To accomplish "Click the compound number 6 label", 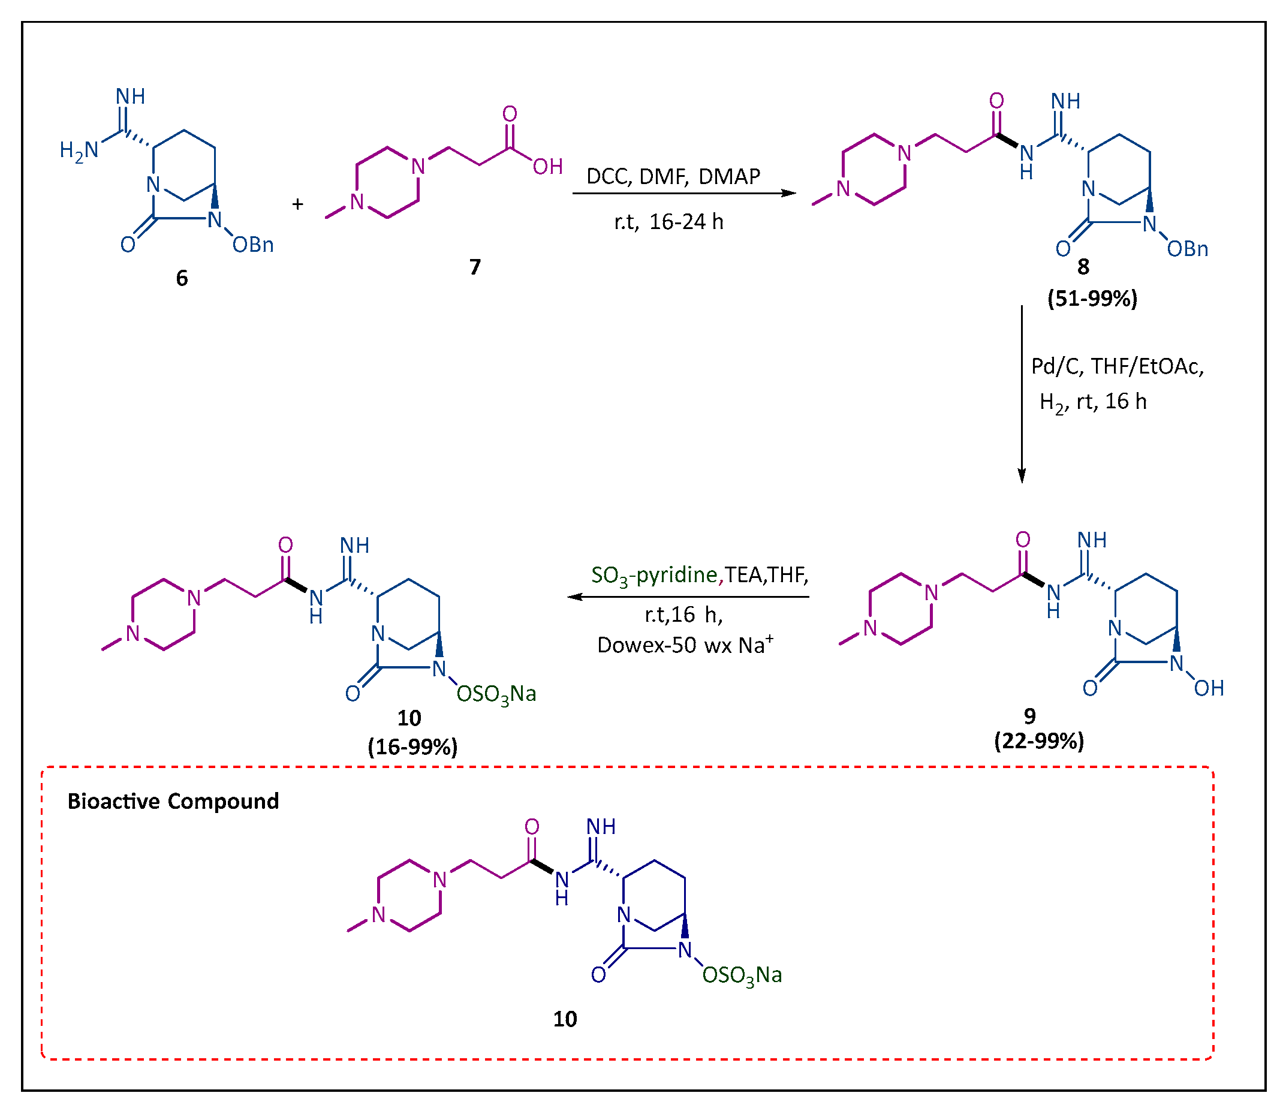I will (x=182, y=278).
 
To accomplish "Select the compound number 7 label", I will (x=475, y=267).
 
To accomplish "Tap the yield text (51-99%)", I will (x=1092, y=299).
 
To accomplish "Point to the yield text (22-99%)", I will (x=1039, y=741).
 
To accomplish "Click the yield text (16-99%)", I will (x=412, y=746).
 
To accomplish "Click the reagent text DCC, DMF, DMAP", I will (x=673, y=176).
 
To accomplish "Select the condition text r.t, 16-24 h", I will (x=669, y=222).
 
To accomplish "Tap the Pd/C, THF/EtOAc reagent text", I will (x=1117, y=366).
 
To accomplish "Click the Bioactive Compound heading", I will (x=173, y=801).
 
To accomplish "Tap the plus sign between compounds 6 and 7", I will (x=298, y=204).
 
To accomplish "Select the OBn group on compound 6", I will (x=253, y=245).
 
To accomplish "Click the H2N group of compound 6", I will (x=79, y=150).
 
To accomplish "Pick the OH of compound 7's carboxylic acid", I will (x=547, y=167).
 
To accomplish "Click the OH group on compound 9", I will (x=1209, y=688).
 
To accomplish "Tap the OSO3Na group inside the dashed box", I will (x=742, y=975).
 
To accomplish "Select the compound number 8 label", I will (x=1083, y=267).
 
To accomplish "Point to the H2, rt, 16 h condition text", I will (x=1093, y=402).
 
